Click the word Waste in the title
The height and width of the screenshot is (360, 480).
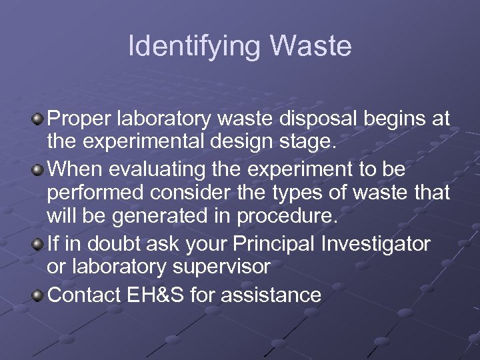(311, 47)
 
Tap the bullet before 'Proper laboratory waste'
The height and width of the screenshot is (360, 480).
(39, 119)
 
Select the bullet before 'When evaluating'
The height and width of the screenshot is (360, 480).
(39, 169)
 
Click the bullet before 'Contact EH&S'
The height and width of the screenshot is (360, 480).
(39, 294)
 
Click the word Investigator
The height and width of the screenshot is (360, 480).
(376, 244)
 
